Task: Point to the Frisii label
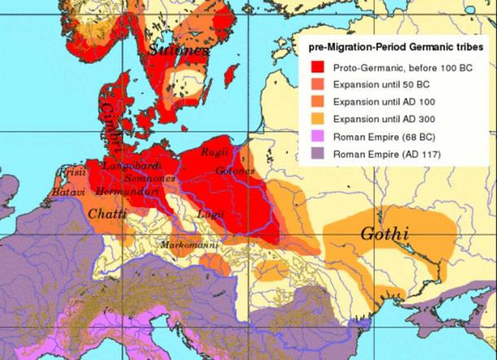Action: pos(70,174)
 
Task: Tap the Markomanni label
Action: pos(184,244)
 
